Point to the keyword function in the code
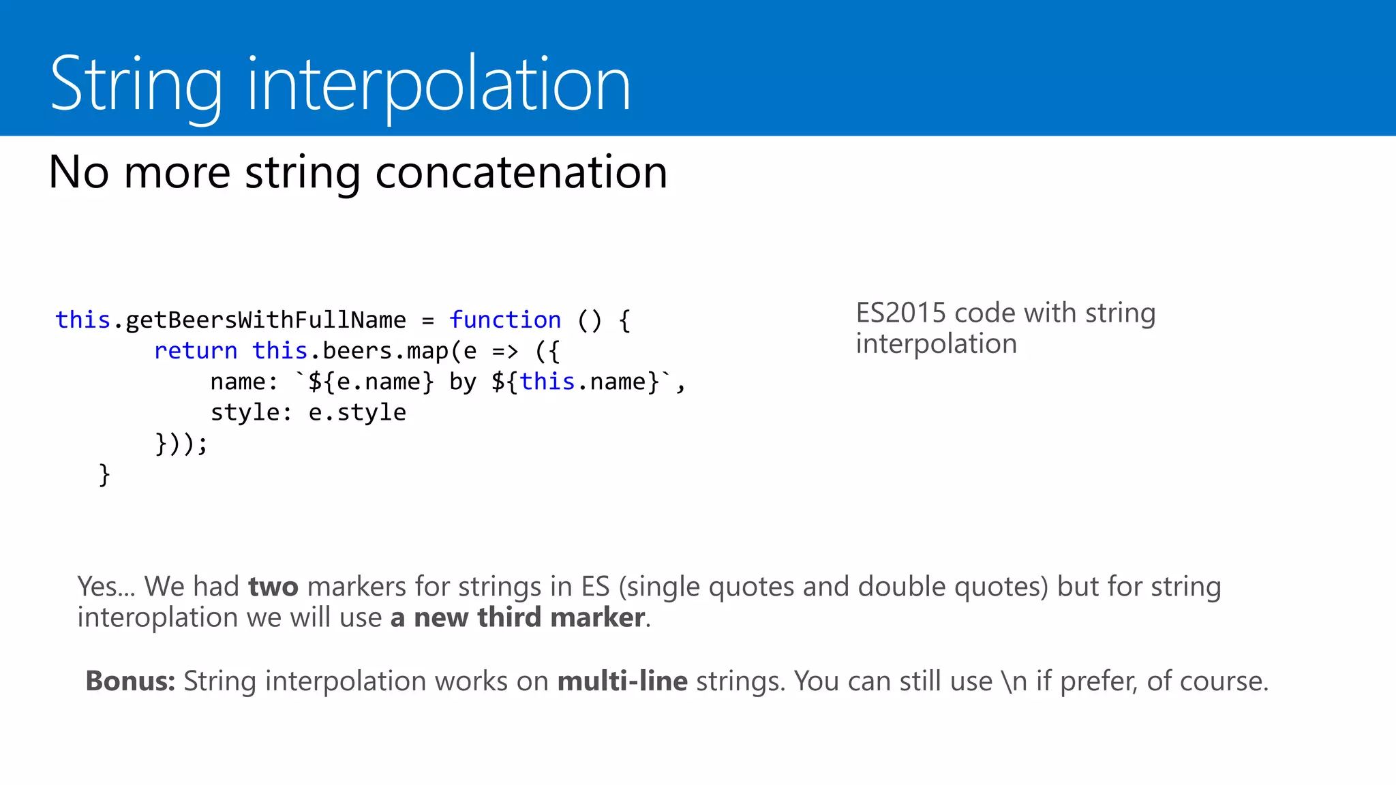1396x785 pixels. click(x=504, y=320)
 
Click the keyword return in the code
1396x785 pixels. click(x=196, y=350)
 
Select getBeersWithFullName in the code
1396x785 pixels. click(x=265, y=320)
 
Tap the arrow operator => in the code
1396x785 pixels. click(x=505, y=351)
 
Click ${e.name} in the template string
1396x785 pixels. click(x=371, y=382)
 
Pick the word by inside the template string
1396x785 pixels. click(x=462, y=382)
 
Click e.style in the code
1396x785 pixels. click(x=356, y=412)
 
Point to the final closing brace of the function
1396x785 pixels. click(x=104, y=474)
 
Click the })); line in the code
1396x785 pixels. click(x=181, y=443)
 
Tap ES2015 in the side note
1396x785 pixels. click(x=900, y=313)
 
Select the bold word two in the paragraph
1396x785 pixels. click(x=273, y=587)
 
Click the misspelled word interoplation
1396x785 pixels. click(x=157, y=617)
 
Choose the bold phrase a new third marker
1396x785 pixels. click(x=517, y=617)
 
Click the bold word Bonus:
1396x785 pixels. click(x=130, y=681)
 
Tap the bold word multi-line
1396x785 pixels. click(x=622, y=681)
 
